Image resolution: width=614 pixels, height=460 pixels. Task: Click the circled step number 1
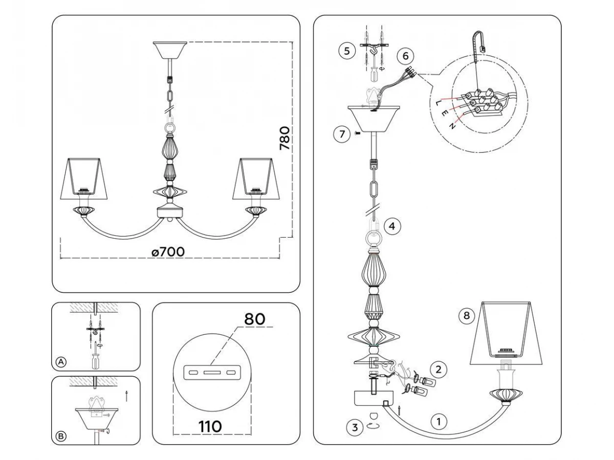(438, 422)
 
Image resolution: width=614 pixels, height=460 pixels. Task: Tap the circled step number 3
(354, 427)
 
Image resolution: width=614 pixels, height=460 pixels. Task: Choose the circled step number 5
(346, 51)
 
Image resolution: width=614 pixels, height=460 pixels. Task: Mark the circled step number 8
(466, 316)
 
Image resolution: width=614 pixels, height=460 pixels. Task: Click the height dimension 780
(285, 138)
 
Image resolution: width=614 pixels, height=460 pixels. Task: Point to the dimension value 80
(254, 319)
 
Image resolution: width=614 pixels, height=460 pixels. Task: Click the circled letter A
(61, 362)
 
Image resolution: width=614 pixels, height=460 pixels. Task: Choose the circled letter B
(61, 436)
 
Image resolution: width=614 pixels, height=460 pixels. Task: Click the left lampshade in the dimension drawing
(85, 179)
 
